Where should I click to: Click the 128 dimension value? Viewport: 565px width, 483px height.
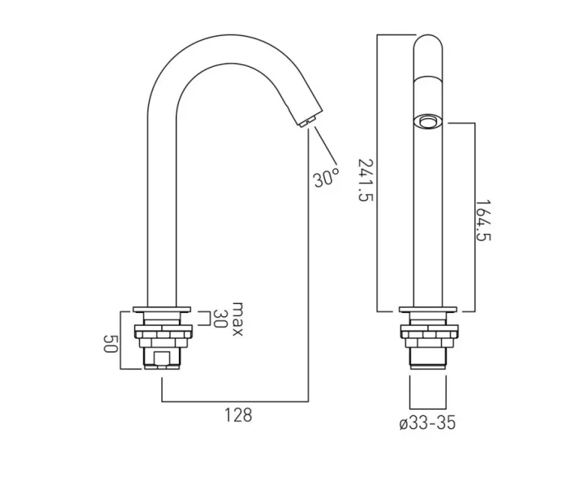(237, 416)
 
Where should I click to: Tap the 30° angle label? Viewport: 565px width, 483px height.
(325, 178)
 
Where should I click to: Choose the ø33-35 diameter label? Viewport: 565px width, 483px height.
(427, 424)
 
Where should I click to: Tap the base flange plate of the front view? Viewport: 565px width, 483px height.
(429, 311)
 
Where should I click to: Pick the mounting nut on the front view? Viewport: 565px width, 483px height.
(429, 331)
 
